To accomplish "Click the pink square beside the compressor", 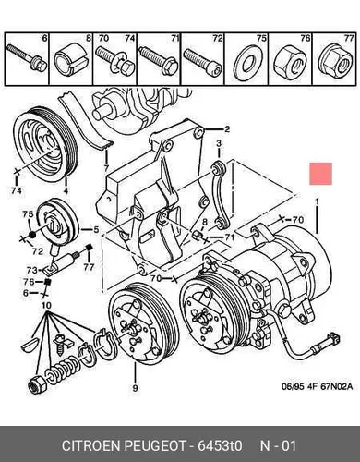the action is pos(321,174).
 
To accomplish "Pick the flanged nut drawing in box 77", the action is pos(334,61).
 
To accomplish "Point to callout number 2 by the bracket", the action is pos(227,128).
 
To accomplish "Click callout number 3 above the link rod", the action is pos(219,143).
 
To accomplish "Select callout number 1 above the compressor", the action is pos(317,201).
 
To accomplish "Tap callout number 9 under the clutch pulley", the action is pos(135,388).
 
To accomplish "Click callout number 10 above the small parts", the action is pos(46,306).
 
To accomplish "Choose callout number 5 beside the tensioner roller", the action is pos(96,230).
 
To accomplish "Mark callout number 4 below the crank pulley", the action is pos(66,191).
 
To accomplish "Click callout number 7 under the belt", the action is pos(106,168).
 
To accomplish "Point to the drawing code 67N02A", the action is pos(336,386).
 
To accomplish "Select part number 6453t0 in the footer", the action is pos(220,445).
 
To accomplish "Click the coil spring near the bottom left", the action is pos(64,370).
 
